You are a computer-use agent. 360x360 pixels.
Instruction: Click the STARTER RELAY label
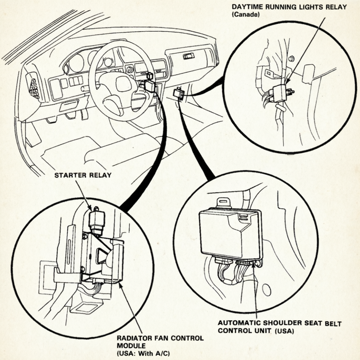pyautogui.click(x=83, y=175)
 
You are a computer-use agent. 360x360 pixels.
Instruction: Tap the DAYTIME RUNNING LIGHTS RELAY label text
pyautogui.click(x=289, y=7)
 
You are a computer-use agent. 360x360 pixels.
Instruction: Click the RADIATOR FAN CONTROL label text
pyautogui.click(x=160, y=338)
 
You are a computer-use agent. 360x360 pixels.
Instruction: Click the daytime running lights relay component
pyautogui.click(x=279, y=93)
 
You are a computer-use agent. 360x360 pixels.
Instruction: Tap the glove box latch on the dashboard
pyautogui.click(x=189, y=56)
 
